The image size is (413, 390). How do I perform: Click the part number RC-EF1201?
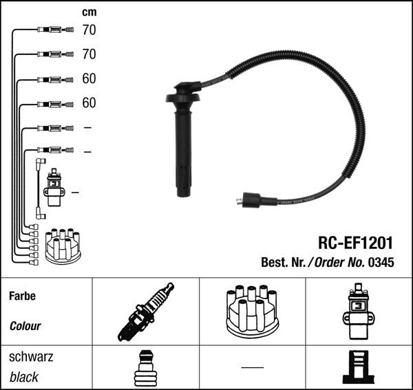pyautogui.click(x=355, y=243)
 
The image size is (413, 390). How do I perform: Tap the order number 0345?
pyautogui.click(x=381, y=262)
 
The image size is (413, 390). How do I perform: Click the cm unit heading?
pyautogui.click(x=89, y=12)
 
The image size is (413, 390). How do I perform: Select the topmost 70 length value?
pyautogui.click(x=89, y=30)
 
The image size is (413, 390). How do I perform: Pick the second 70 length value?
pyautogui.click(x=89, y=54)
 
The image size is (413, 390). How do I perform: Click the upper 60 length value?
pyautogui.click(x=89, y=78)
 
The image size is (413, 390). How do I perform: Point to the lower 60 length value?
pyautogui.click(x=89, y=102)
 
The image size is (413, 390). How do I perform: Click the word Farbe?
pyautogui.click(x=23, y=296)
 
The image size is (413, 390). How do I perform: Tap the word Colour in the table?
pyautogui.click(x=25, y=326)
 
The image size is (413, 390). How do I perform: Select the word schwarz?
pyautogui.click(x=31, y=357)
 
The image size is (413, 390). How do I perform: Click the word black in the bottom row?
pyautogui.click(x=24, y=377)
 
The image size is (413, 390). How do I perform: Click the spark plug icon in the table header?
pyautogui.click(x=146, y=312)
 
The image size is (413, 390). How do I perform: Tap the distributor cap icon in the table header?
pyautogui.click(x=252, y=312)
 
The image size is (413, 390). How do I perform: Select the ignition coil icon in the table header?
pyautogui.click(x=358, y=312)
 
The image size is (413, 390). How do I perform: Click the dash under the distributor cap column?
pyautogui.click(x=253, y=367)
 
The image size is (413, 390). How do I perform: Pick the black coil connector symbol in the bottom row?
pyautogui.click(x=358, y=367)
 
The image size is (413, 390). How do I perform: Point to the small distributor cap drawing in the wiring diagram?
pyautogui.click(x=63, y=246)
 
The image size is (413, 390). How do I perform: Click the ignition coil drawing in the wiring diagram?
pyautogui.click(x=54, y=187)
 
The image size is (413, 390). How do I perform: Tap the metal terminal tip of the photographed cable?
pyautogui.click(x=239, y=202)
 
